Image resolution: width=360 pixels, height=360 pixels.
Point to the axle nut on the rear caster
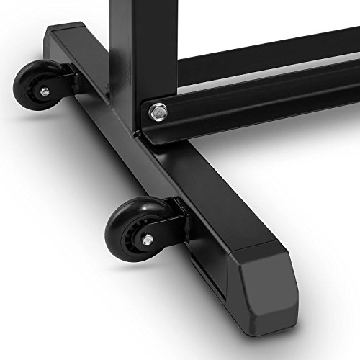pyautogui.click(x=44, y=91)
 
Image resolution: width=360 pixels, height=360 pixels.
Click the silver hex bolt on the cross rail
pyautogui.click(x=156, y=111)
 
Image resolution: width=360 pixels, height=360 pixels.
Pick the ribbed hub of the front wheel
pyautogui.click(x=132, y=235)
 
